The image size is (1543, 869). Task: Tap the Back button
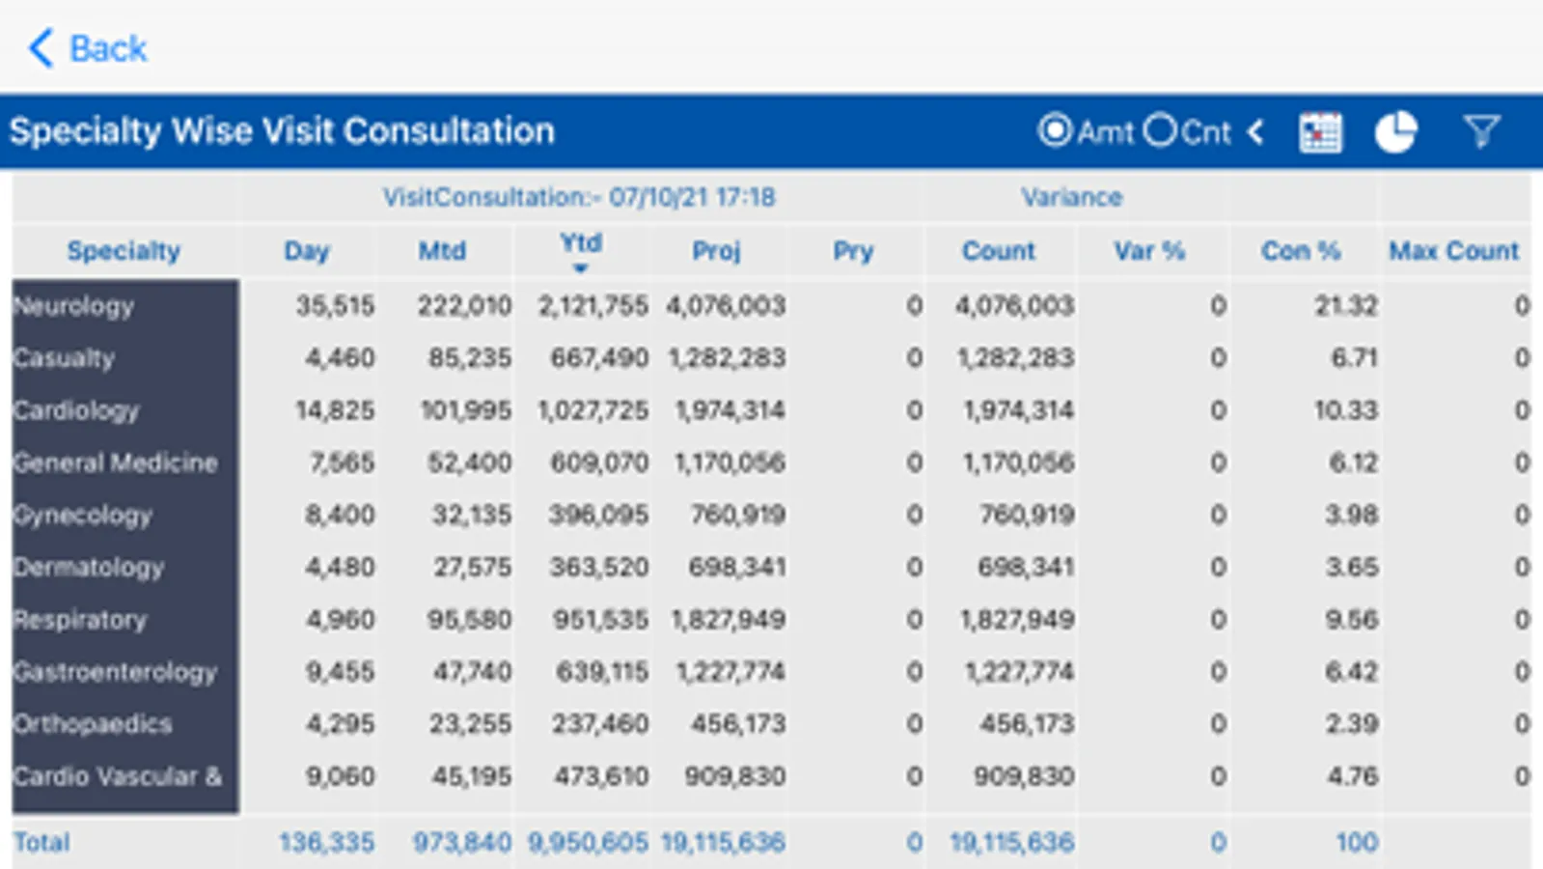pyautogui.click(x=88, y=48)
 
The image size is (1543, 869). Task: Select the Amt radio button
pyautogui.click(x=1055, y=130)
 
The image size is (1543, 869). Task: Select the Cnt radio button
pyautogui.click(x=1161, y=130)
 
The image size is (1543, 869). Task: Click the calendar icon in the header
pyautogui.click(x=1319, y=132)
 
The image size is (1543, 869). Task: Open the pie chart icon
pyautogui.click(x=1395, y=132)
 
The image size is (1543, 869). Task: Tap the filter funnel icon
pyautogui.click(x=1481, y=131)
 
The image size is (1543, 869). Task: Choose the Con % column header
pyautogui.click(x=1300, y=251)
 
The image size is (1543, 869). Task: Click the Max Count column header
pyautogui.click(x=1453, y=251)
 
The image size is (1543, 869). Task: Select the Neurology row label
pyautogui.click(x=74, y=306)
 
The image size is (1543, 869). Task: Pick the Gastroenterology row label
pyautogui.click(x=115, y=672)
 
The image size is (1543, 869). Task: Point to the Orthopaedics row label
pyautogui.click(x=93, y=724)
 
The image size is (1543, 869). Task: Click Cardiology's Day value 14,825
pyautogui.click(x=335, y=410)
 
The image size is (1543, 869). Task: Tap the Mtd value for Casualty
pyautogui.click(x=470, y=358)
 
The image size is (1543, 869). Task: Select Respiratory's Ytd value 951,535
pyautogui.click(x=600, y=620)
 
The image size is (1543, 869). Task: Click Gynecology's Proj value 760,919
pyautogui.click(x=737, y=515)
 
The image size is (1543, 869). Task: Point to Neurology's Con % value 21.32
pyautogui.click(x=1345, y=306)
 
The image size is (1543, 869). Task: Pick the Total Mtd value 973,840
pyautogui.click(x=462, y=843)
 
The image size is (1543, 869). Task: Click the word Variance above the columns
pyautogui.click(x=1071, y=197)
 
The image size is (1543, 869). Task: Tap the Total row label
pyautogui.click(x=41, y=843)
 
